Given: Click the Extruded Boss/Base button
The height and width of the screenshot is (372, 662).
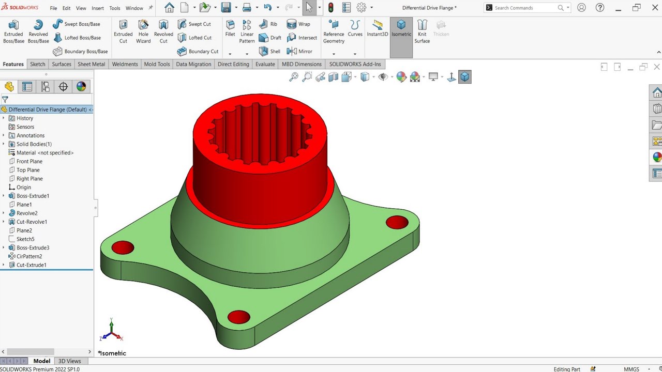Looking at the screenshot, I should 14,32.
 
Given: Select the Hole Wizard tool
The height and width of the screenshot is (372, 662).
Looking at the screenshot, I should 143,32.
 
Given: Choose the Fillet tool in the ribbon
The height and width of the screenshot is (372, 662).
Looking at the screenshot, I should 230,28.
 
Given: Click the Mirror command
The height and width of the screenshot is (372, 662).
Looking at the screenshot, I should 299,51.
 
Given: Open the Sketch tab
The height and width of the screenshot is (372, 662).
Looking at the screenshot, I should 38,64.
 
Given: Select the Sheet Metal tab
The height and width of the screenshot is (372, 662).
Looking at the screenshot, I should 91,64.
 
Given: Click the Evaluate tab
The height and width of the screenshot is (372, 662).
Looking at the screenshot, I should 265,64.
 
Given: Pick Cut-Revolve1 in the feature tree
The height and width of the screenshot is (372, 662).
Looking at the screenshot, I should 32,222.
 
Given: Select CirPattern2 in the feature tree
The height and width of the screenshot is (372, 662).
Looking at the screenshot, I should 29,256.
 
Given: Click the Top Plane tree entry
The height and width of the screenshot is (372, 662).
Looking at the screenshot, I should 28,170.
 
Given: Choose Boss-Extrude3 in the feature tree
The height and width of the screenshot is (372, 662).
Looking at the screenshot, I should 33,247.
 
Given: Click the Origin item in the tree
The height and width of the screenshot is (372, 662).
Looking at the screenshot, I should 23,187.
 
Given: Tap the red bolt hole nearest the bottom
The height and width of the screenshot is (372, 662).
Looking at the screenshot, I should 238,317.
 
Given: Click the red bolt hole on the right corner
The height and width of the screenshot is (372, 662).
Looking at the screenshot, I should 397,222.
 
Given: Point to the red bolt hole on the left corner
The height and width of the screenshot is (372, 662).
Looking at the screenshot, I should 123,247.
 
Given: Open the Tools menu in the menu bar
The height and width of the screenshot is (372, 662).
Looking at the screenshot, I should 115,8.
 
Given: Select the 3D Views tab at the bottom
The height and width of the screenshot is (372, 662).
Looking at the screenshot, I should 69,361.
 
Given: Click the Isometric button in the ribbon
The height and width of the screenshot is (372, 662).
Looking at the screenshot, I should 401,28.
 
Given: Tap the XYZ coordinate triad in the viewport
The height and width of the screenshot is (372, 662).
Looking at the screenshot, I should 112,331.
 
